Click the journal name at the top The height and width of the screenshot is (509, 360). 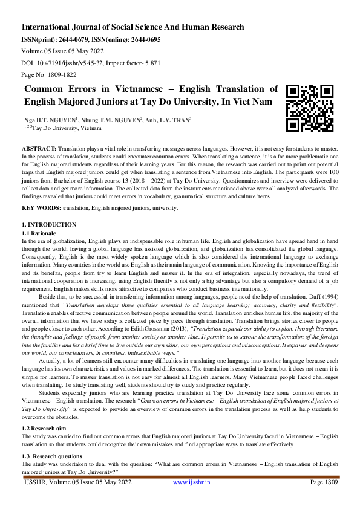point(133,27)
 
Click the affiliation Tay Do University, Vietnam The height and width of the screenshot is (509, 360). point(59,128)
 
